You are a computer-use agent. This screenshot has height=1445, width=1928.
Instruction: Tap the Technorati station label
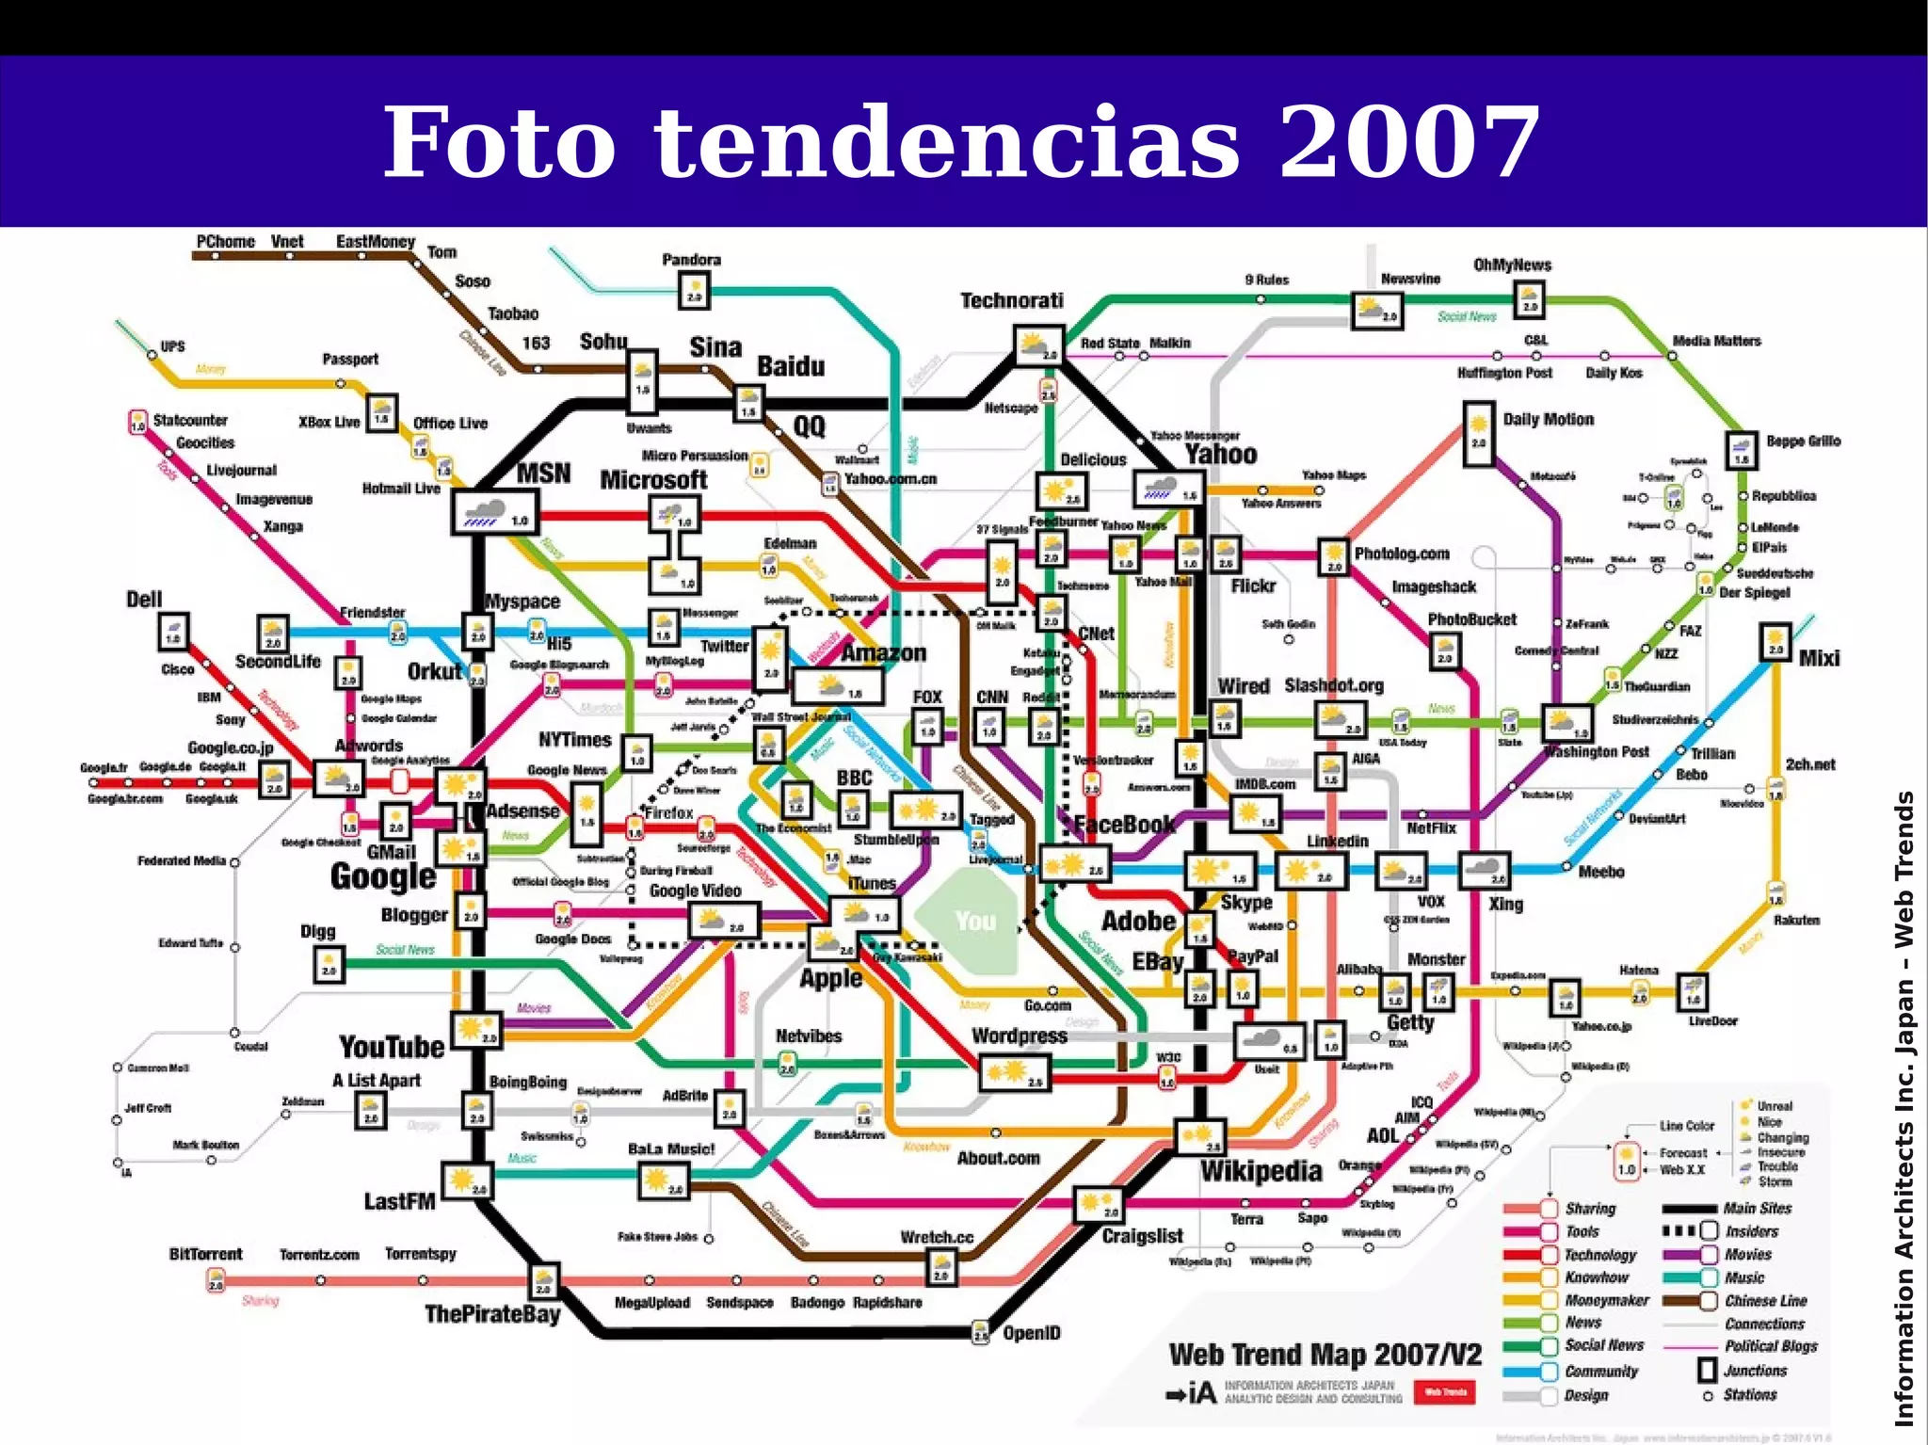pos(1012,301)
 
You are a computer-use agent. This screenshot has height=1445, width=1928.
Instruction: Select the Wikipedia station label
pos(1261,1172)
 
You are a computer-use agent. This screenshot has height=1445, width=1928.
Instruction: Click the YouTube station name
pos(391,1047)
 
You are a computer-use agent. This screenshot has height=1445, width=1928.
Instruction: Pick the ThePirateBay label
pos(492,1314)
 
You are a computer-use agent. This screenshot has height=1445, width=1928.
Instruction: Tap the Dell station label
pos(144,600)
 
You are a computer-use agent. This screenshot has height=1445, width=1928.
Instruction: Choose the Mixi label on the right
pos(1819,658)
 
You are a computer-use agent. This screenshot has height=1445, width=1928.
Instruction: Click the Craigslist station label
pos(1142,1236)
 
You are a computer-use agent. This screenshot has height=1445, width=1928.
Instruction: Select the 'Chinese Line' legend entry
pos(1765,1301)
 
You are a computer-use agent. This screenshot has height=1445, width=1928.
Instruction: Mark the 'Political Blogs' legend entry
pos(1771,1347)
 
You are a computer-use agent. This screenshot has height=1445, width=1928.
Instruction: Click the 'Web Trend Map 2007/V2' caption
pos(1325,1355)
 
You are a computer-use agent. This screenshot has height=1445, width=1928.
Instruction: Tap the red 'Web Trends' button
pos(1445,1392)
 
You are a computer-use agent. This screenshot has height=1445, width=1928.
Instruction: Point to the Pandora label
pos(691,260)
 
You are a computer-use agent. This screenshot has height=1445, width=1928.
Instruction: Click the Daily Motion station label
pos(1549,420)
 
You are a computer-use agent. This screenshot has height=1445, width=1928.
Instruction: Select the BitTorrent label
pos(205,1254)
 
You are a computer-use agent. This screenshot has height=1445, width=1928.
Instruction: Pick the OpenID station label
pos(1032,1333)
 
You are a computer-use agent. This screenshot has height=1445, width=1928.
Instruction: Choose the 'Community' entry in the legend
pos(1601,1372)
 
